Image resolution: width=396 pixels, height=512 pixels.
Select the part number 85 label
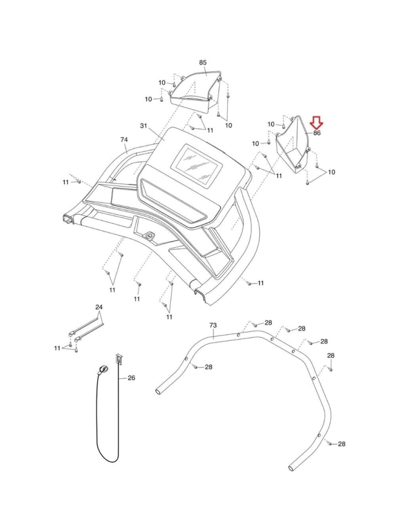pos(203,63)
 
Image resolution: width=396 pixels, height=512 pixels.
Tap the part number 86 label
pos(317,133)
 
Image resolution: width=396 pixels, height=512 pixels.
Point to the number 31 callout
pos(144,126)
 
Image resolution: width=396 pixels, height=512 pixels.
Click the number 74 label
pos(124,140)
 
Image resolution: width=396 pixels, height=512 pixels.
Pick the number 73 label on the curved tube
pos(213,325)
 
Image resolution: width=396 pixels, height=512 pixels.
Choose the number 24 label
pos(99,307)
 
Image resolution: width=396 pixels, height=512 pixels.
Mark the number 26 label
pos(131,378)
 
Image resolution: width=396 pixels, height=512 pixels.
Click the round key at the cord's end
pos(103,370)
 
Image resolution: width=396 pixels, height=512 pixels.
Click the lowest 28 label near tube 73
pos(341,444)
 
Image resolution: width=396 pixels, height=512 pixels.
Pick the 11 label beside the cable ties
pos(57,348)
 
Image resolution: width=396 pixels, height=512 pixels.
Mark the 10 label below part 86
pos(331,172)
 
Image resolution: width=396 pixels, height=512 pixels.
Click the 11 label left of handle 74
pos(66,182)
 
